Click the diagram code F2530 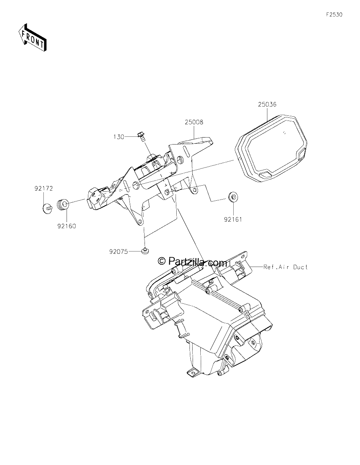[x=334, y=15]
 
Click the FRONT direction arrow [x=32, y=38]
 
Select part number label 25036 [x=267, y=104]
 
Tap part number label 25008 [x=194, y=122]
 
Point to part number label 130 [x=119, y=137]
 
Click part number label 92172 [x=44, y=189]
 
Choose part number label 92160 [x=67, y=226]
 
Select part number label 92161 [x=233, y=220]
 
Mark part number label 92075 [x=119, y=251]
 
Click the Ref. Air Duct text [x=286, y=267]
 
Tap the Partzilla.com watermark [x=192, y=261]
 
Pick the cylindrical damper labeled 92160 [x=63, y=205]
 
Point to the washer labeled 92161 [x=233, y=197]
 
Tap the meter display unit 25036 [x=271, y=149]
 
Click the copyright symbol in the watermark [x=162, y=260]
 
